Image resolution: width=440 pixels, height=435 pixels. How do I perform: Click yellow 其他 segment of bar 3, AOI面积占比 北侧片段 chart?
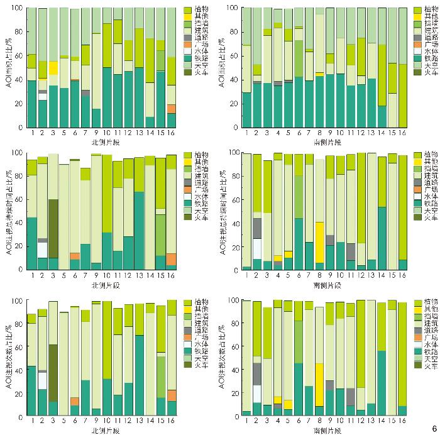click(x=53, y=68)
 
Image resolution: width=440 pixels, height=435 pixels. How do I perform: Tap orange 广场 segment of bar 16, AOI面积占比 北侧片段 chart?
click(x=172, y=109)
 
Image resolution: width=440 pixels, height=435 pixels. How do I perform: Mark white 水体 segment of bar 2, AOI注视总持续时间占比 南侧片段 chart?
click(x=257, y=248)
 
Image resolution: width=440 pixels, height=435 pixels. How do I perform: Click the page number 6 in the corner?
click(x=433, y=428)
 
